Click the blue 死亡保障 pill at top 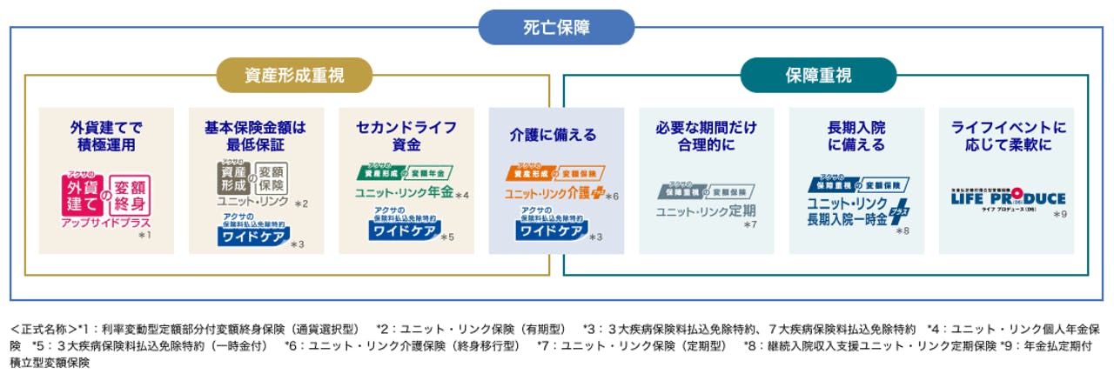[x=556, y=27]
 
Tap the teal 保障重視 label [x=817, y=76]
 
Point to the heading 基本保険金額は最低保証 [x=256, y=137]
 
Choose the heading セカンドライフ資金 [x=406, y=137]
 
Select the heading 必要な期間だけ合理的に [x=706, y=137]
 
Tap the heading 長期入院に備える [x=856, y=137]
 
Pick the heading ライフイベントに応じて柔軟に [x=1007, y=137]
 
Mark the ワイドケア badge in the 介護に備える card [x=552, y=231]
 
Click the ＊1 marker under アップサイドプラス [x=144, y=235]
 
